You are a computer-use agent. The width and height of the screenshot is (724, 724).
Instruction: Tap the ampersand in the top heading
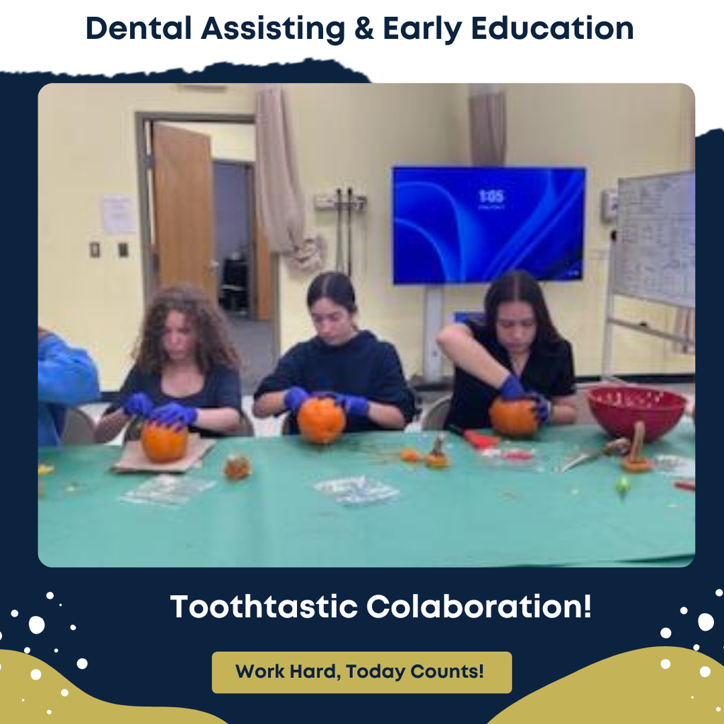click(364, 28)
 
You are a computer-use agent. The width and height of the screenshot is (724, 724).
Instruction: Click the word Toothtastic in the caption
click(263, 607)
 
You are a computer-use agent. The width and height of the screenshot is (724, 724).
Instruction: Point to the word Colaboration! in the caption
click(479, 607)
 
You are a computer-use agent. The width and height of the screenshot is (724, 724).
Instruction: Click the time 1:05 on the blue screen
click(491, 196)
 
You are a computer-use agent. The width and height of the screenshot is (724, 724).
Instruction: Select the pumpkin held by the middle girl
click(321, 420)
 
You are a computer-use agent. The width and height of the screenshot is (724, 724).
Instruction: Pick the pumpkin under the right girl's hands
click(514, 417)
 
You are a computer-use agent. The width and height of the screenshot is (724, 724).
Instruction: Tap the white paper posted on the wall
click(118, 215)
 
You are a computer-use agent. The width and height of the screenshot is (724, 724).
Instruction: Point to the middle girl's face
click(332, 319)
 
